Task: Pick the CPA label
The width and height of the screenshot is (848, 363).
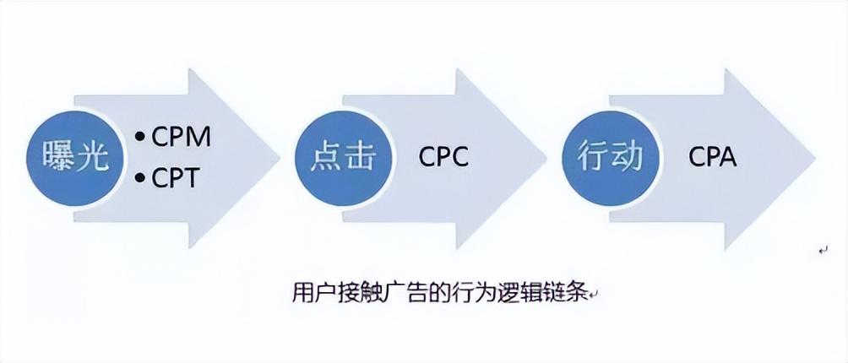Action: [712, 157]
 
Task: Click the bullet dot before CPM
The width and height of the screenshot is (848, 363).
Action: [139, 136]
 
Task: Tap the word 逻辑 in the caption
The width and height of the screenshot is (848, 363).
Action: [519, 292]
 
